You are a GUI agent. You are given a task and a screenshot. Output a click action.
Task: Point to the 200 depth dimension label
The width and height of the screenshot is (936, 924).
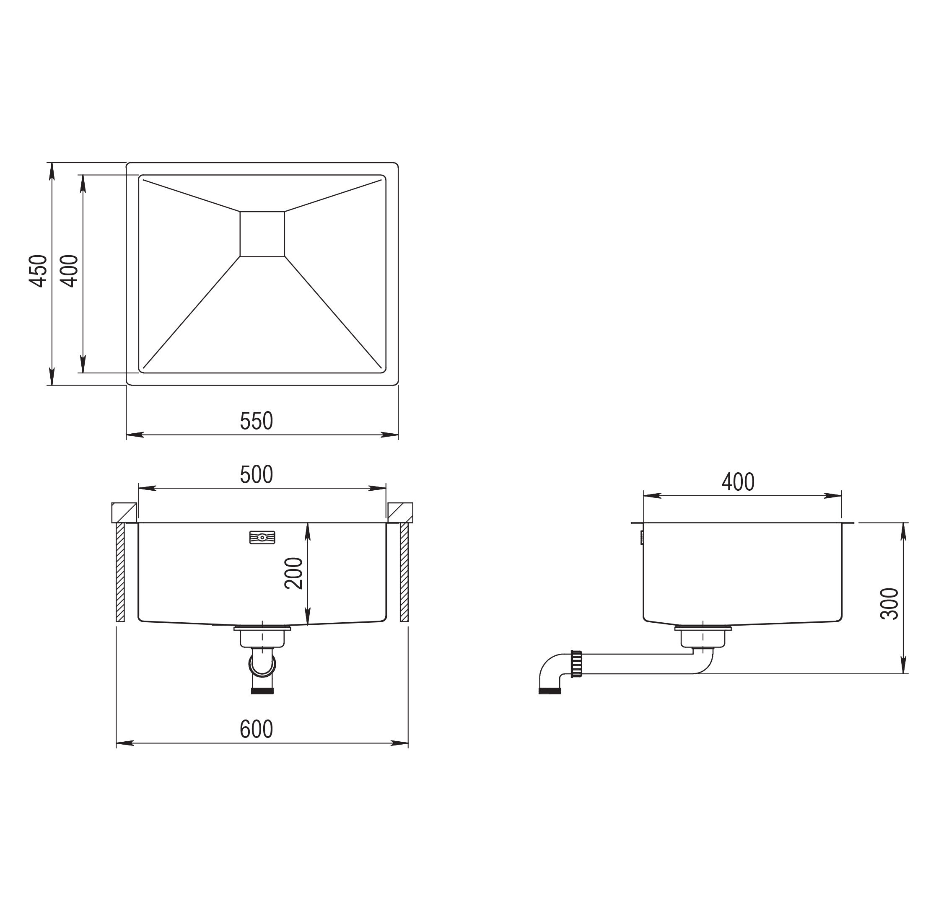[293, 573]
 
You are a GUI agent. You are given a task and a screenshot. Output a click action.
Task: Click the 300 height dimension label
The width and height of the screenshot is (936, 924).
[889, 603]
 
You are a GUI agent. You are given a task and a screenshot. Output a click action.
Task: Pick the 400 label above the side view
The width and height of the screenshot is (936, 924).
[738, 482]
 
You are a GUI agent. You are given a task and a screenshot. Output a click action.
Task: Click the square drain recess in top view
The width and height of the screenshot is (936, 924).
[262, 234]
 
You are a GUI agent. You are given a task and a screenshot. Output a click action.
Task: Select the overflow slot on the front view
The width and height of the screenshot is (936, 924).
[262, 538]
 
